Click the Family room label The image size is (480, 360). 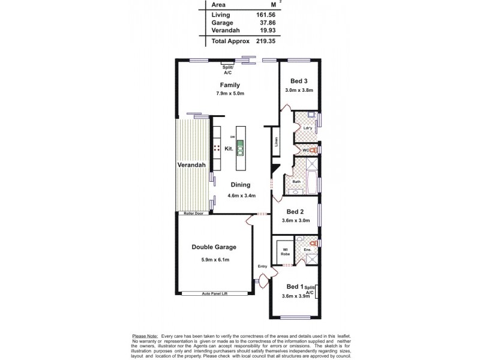[230, 85]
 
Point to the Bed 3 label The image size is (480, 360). [299, 81]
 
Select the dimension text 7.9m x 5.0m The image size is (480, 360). [230, 94]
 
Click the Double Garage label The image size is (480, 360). [214, 247]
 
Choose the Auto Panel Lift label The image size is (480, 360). [214, 293]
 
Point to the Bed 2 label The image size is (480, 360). [295, 211]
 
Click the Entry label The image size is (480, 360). [262, 266]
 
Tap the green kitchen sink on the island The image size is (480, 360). [240, 148]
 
